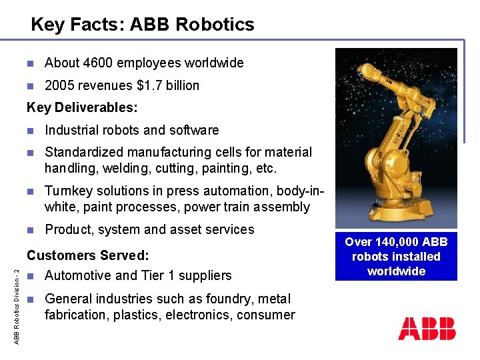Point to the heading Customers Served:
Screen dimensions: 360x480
pos(87,255)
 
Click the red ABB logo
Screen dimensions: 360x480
pos(427,329)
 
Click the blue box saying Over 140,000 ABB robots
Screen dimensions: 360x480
pos(396,257)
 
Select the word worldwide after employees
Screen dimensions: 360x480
pos(214,63)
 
